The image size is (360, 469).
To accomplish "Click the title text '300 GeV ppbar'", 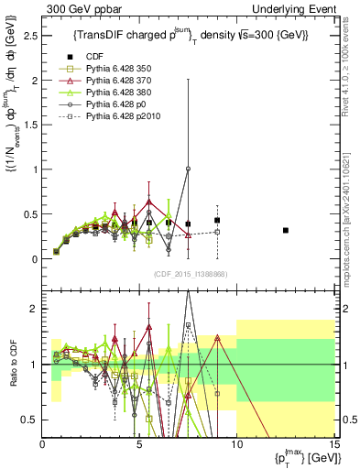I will click(x=76, y=8).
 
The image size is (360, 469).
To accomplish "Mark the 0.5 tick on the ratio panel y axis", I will click(x=31, y=420).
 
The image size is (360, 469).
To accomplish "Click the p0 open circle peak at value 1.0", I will click(x=188, y=169).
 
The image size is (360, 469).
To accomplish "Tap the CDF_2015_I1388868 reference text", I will click(x=188, y=274).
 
